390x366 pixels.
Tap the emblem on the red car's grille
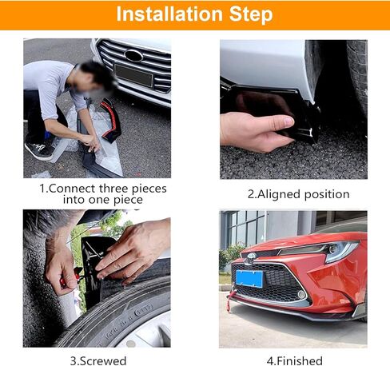point(251,257)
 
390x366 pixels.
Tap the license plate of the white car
point(133,76)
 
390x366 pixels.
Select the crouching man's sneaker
point(38,150)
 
